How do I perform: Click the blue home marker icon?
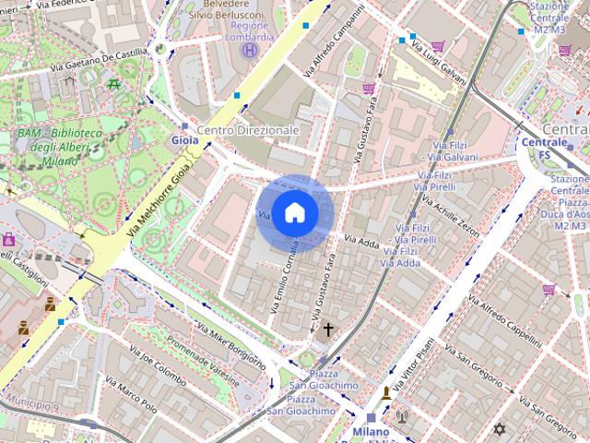[x=294, y=213]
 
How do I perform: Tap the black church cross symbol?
[x=327, y=329]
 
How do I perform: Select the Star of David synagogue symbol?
[x=501, y=430]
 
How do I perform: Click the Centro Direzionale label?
[x=249, y=130]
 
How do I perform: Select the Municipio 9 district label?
[x=31, y=404]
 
